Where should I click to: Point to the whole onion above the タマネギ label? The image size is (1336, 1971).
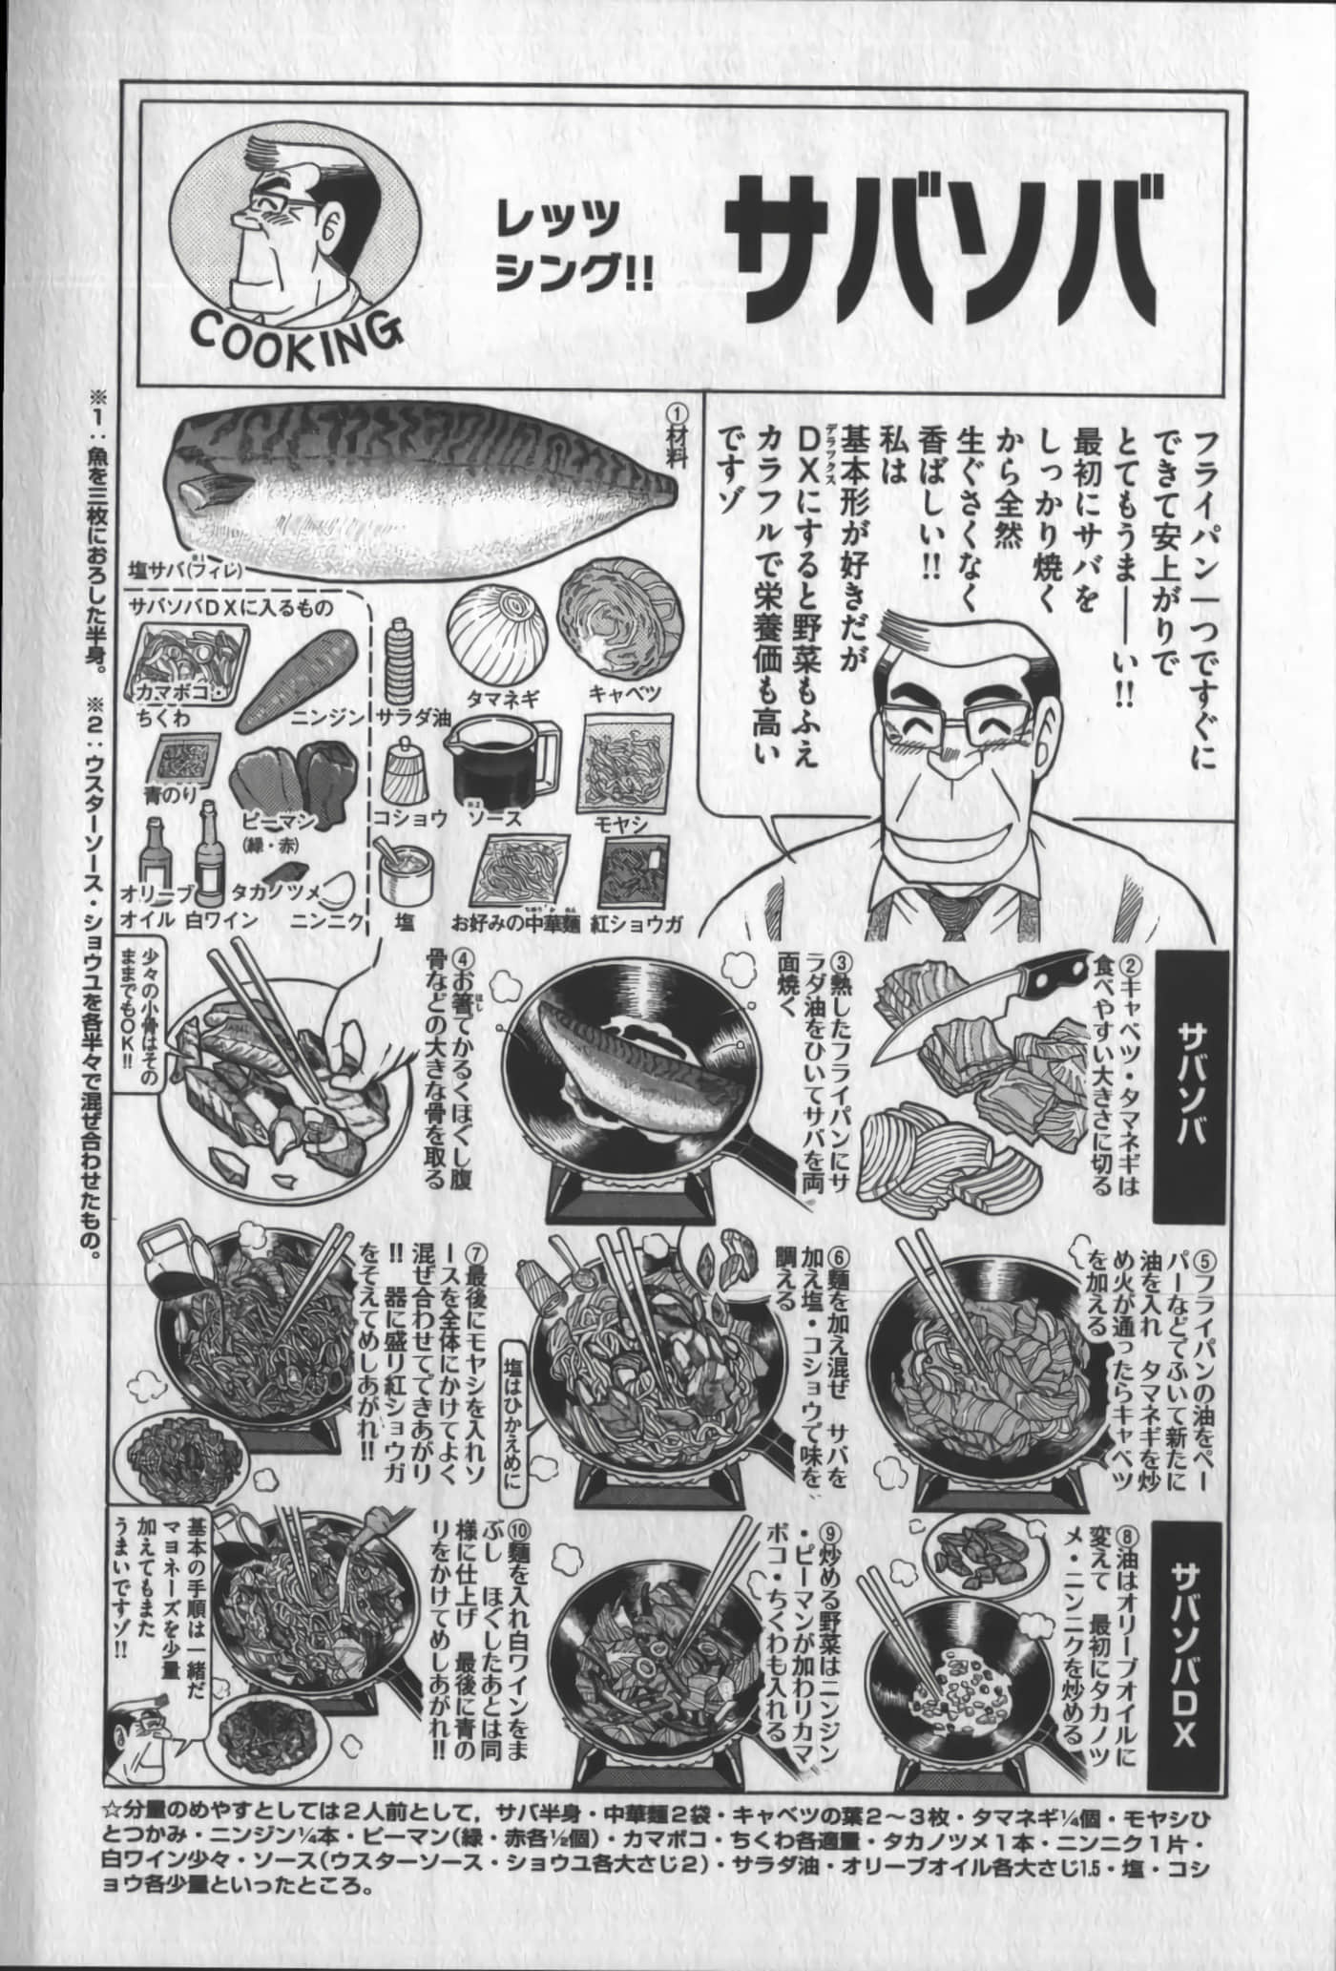tap(499, 636)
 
